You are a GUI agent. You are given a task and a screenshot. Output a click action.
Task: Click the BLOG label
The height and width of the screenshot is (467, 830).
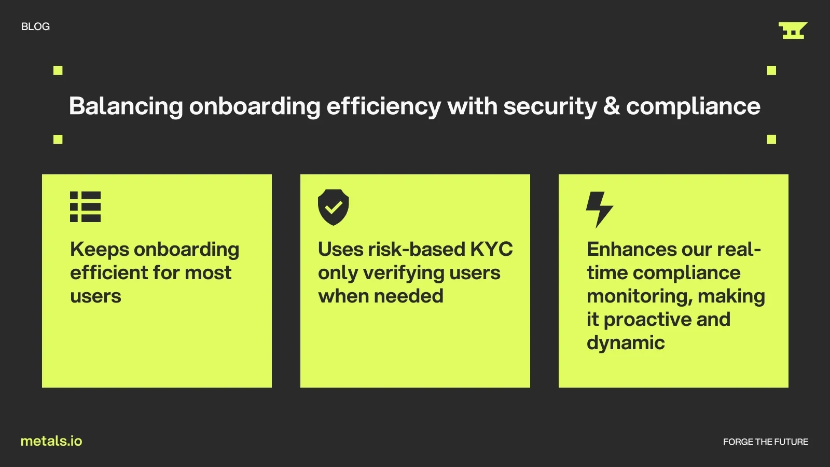[x=35, y=26]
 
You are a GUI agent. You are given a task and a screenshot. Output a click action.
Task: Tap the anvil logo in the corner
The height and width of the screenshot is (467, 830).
[x=793, y=31]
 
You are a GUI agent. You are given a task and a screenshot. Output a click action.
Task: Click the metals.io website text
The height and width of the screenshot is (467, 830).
[x=51, y=441]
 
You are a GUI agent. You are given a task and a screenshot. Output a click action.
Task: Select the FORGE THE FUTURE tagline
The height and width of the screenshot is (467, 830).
[x=766, y=442]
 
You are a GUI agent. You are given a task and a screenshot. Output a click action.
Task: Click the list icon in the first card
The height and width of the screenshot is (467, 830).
[x=85, y=207]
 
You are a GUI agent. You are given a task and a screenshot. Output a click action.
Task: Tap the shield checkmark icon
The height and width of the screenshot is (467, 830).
[x=333, y=207]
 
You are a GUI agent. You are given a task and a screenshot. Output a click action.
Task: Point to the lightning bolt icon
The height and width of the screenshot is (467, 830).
[x=599, y=210]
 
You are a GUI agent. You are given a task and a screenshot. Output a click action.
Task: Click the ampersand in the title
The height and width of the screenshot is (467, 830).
[x=612, y=106]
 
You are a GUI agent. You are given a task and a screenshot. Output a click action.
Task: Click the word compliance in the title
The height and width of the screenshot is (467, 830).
[x=693, y=107]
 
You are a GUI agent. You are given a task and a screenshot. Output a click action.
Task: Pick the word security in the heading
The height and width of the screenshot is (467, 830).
[x=550, y=107]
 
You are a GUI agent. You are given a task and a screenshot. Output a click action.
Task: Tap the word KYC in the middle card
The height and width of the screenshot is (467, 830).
[x=491, y=249]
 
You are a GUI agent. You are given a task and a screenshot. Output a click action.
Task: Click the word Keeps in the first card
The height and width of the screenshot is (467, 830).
[x=99, y=250]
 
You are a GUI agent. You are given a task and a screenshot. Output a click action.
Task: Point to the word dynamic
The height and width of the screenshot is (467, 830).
[x=626, y=343]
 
